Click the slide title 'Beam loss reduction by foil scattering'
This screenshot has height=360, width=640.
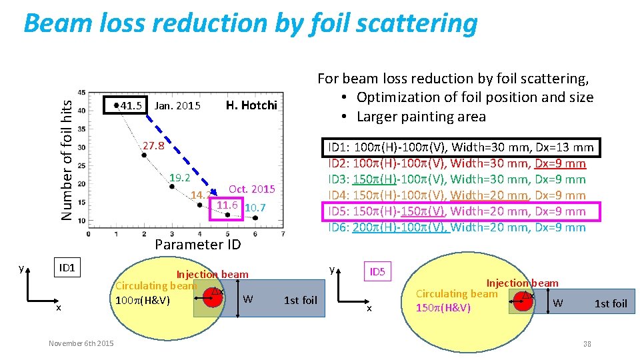[250, 24]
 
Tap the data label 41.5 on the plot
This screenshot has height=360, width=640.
[131, 105]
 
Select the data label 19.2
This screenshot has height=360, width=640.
[180, 178]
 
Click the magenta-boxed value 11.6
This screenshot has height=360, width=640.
[227, 205]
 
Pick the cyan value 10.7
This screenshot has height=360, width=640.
[255, 208]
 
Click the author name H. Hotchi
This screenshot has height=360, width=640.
[251, 105]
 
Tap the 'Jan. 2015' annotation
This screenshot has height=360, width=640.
[177, 105]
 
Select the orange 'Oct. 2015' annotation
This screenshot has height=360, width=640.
[251, 189]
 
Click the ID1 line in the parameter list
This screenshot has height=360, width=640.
[461, 147]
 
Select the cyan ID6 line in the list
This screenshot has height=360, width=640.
[457, 227]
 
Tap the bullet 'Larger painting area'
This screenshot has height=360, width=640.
[421, 117]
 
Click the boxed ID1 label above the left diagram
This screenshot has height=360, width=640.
[67, 268]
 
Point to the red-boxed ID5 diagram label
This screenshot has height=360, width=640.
[377, 272]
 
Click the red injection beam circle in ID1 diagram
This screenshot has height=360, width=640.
[215, 297]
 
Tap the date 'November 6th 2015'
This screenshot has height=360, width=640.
[81, 343]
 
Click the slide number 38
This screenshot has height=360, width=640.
[587, 344]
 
